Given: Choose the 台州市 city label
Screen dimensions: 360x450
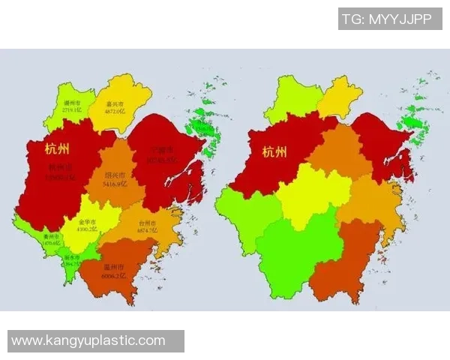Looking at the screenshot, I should coord(146,223).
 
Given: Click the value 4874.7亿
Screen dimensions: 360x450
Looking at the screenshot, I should coord(146,232).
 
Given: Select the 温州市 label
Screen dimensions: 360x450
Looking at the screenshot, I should coord(112,267).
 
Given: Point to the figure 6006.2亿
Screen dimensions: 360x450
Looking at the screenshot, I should coord(112,276).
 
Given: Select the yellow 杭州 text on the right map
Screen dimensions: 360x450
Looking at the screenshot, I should coord(274,152).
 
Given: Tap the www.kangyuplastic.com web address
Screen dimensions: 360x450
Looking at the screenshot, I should coord(88,340).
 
